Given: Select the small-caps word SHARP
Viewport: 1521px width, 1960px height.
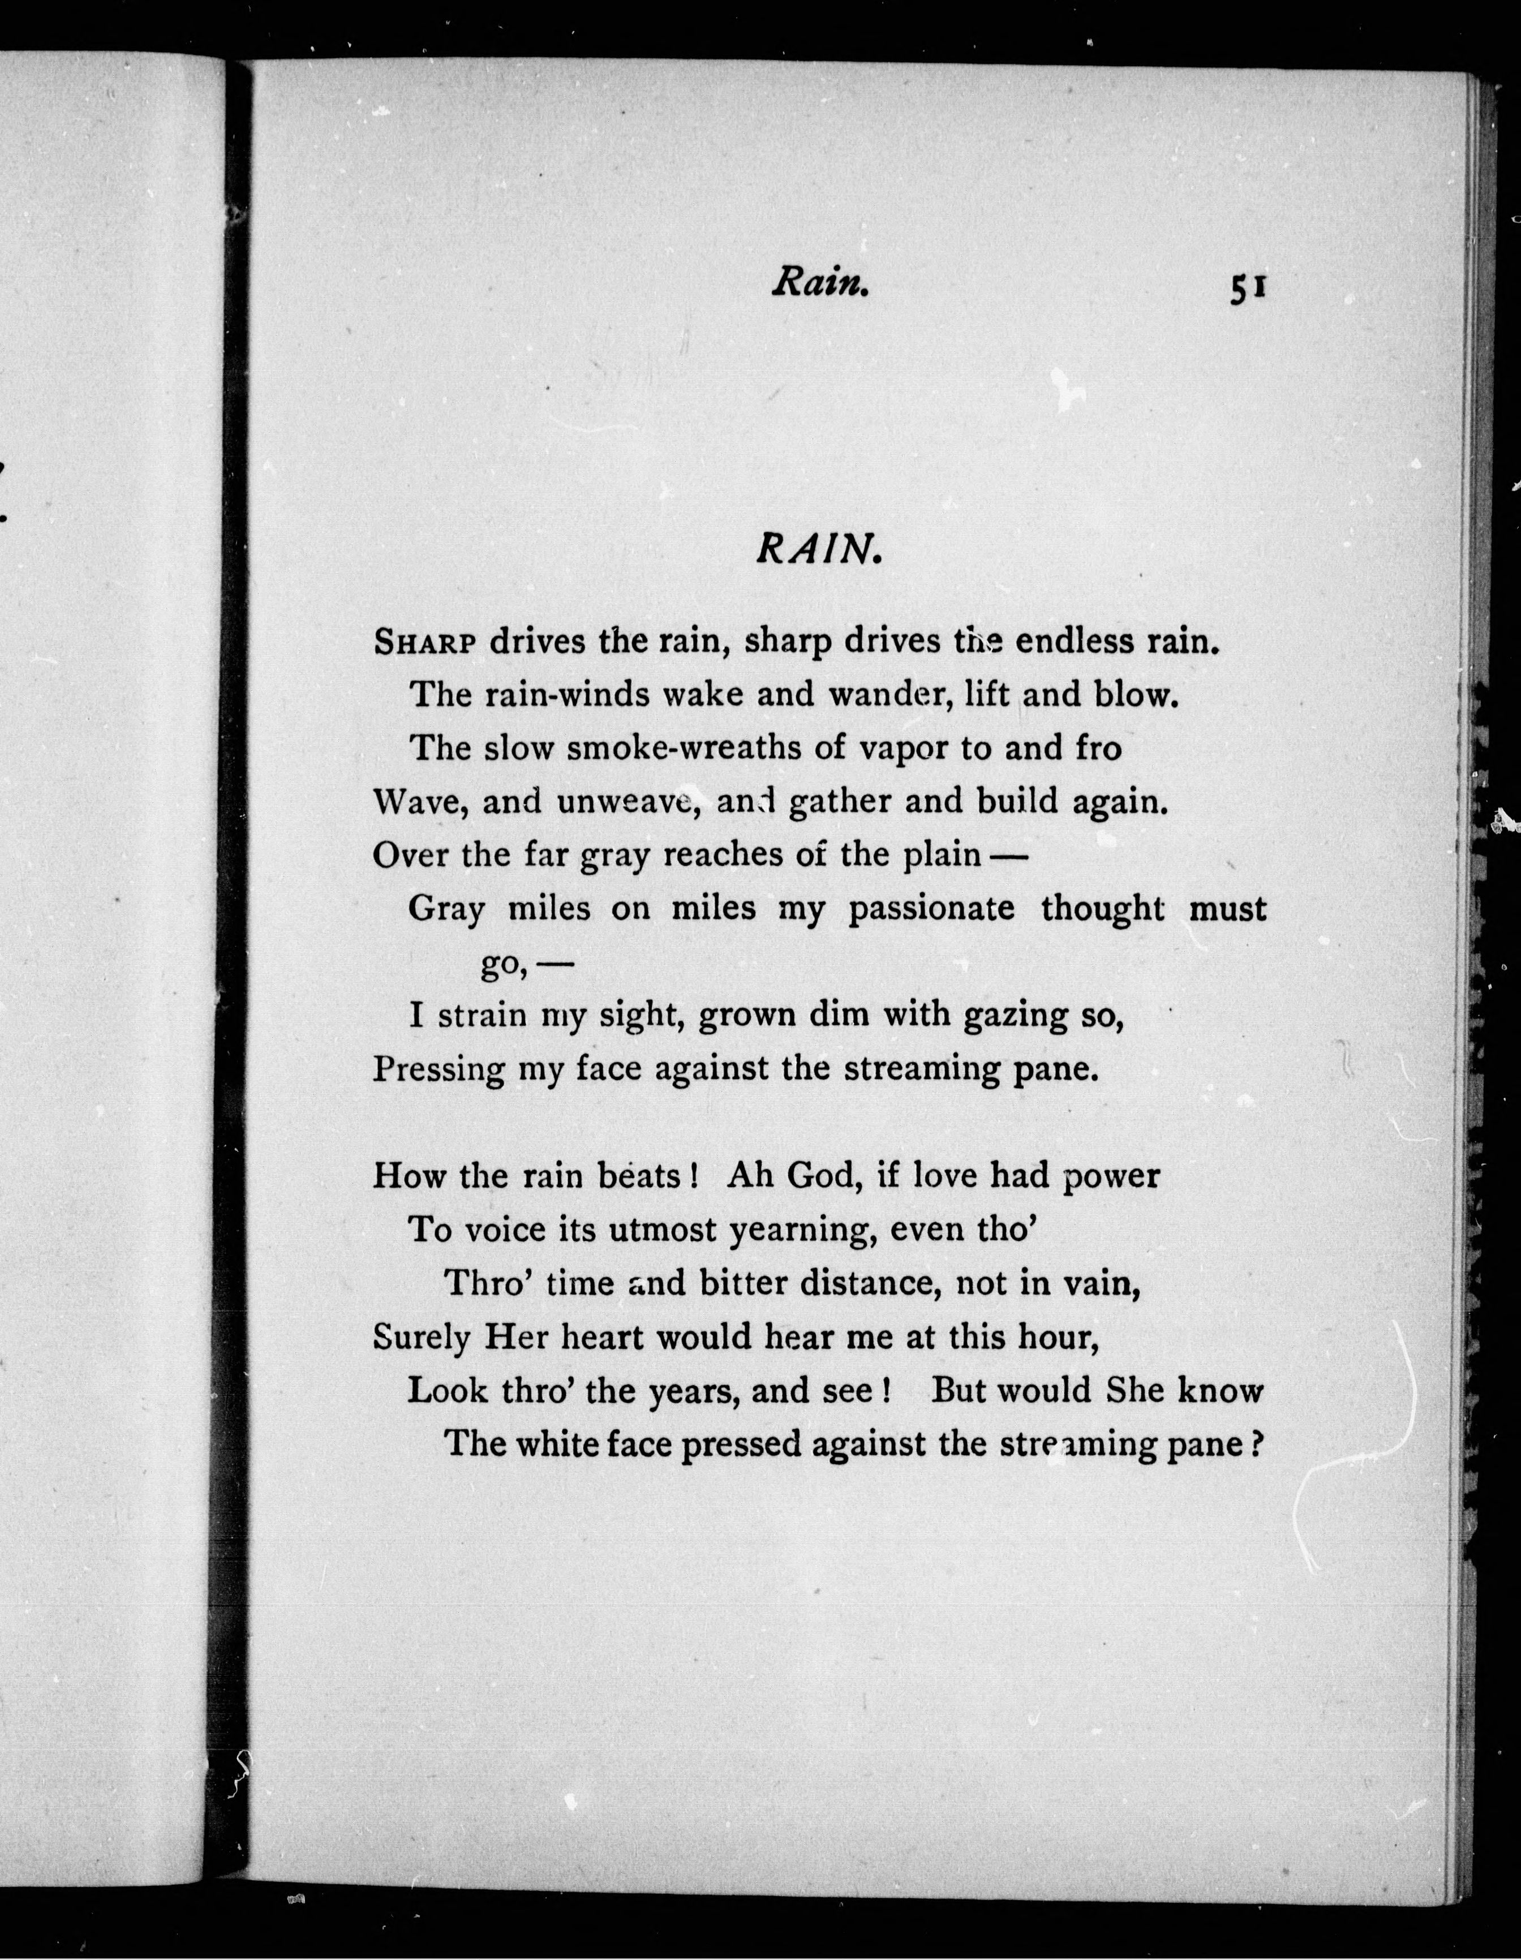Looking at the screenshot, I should pyautogui.click(x=428, y=643).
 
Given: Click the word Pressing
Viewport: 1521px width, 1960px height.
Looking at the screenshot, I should pyautogui.click(x=438, y=1071).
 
